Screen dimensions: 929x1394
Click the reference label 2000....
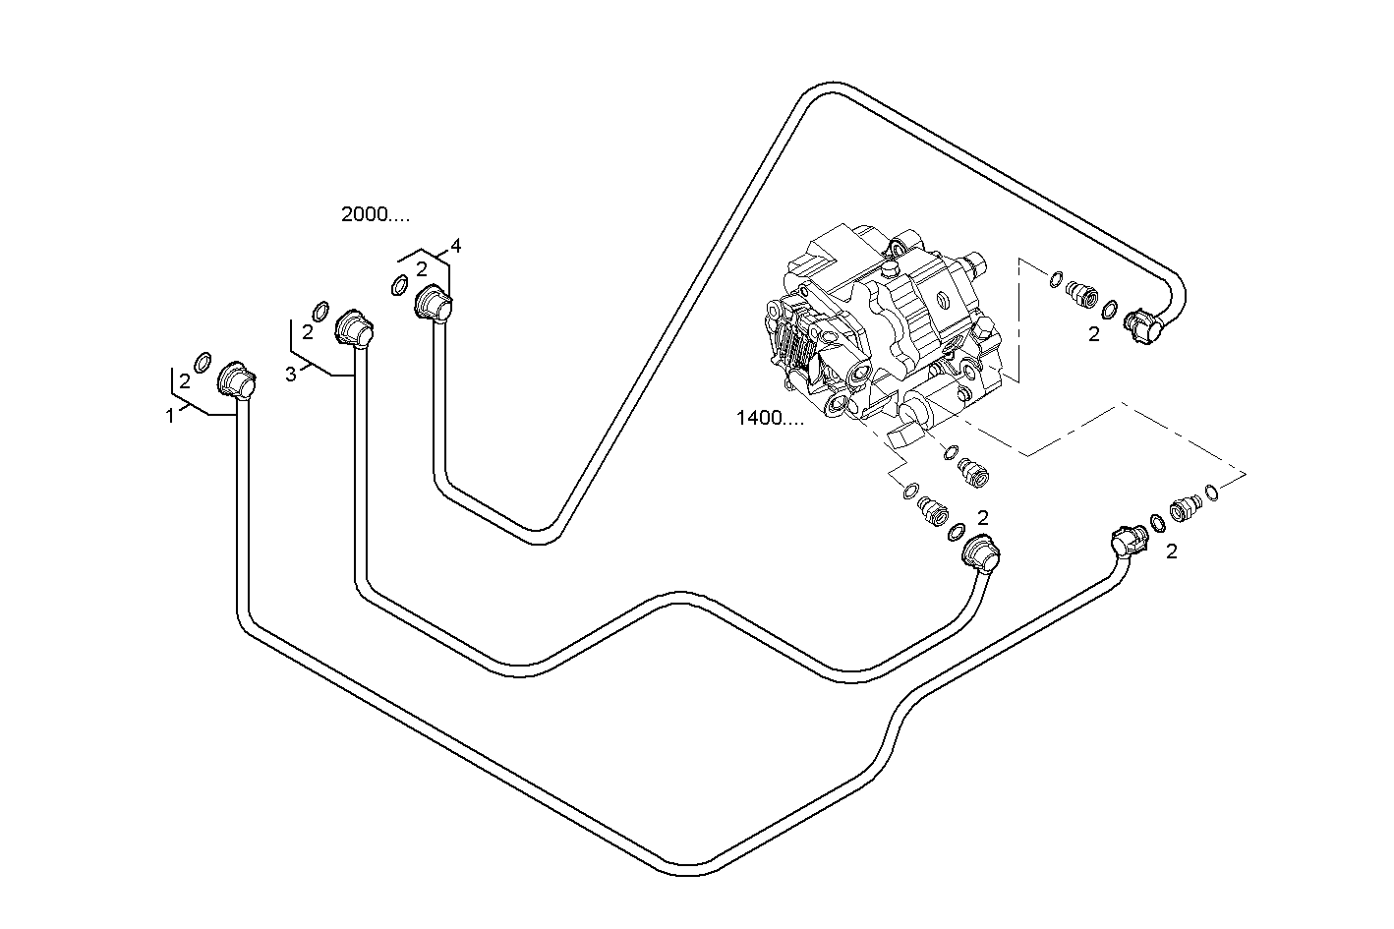[x=375, y=214]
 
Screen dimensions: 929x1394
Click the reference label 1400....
[x=770, y=418]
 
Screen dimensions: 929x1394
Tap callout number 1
[x=170, y=416]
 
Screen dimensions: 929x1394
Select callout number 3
[x=290, y=374]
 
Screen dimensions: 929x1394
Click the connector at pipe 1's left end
[x=236, y=381]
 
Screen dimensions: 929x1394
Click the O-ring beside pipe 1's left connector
[x=203, y=362]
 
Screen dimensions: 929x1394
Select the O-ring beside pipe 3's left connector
[x=320, y=310]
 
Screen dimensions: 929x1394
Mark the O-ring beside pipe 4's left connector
[x=399, y=286]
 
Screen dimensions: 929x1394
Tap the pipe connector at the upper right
[x=1141, y=324]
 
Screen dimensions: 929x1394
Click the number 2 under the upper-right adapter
[x=1093, y=334]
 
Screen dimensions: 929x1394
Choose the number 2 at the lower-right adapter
[x=1171, y=552]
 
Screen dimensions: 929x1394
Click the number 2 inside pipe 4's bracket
[x=421, y=268]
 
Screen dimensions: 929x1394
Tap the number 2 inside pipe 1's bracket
[x=184, y=382]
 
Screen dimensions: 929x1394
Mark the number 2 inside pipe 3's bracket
[x=307, y=332]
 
